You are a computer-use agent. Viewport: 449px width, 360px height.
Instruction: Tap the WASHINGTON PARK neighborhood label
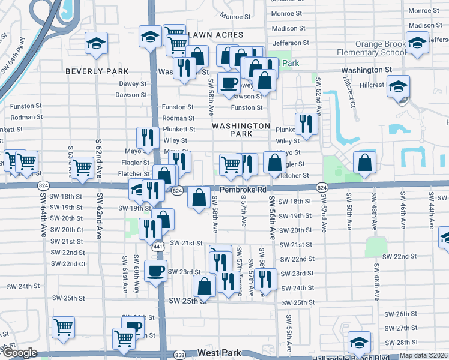tap(241, 130)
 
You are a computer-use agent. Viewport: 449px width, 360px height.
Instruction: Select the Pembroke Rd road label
tap(243, 190)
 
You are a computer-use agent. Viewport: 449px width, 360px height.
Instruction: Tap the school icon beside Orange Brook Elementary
tap(417, 43)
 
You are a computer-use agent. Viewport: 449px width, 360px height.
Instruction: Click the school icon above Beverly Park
tap(96, 43)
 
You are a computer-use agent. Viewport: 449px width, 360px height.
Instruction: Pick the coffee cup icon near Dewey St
tap(228, 82)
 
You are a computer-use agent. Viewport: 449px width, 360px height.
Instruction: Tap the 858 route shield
tap(179, 355)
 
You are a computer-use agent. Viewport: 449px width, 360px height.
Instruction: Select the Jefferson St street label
tap(291, 43)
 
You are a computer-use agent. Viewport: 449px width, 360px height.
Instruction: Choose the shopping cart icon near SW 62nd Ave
tap(82, 168)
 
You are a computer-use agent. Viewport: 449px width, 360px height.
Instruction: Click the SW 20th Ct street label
tap(67, 230)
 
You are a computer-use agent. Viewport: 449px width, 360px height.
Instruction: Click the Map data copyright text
tap(423, 355)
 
